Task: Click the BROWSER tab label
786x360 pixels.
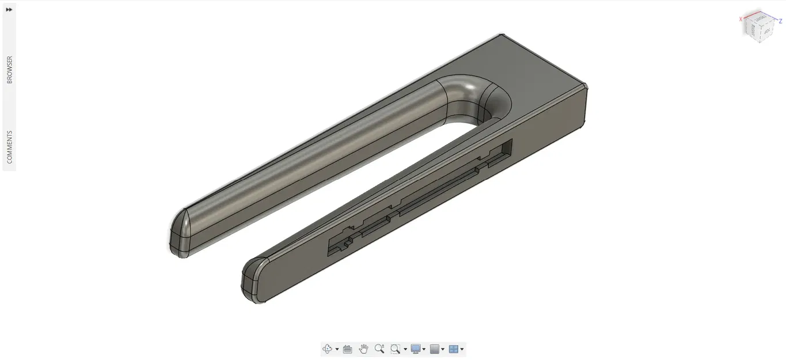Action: click(9, 70)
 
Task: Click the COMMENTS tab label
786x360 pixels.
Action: click(9, 147)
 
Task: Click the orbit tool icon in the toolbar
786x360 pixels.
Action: click(327, 349)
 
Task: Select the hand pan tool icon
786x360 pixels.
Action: click(363, 349)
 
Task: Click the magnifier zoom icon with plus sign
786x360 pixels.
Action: click(379, 349)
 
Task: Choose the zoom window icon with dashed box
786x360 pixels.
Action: click(395, 349)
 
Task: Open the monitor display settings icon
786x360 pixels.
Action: click(415, 349)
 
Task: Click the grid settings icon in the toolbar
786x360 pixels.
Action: click(435, 349)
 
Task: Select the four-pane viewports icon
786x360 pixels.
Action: click(454, 349)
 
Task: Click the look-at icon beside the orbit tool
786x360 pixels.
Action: click(347, 349)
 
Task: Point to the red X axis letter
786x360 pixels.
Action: click(741, 19)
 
